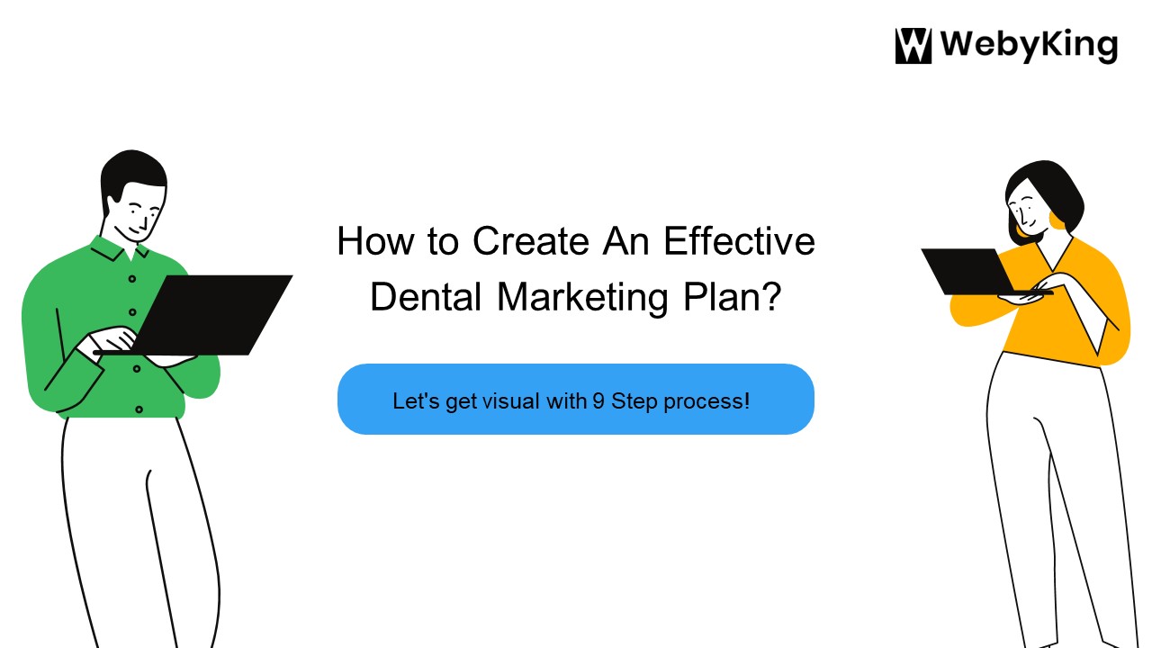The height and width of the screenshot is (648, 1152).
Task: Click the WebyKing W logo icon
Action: [x=913, y=46]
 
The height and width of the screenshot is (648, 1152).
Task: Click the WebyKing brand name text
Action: [x=1028, y=45]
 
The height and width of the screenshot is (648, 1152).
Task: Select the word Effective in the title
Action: [x=739, y=242]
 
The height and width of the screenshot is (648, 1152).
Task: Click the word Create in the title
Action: [x=531, y=242]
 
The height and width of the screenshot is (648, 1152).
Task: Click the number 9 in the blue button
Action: [x=598, y=401]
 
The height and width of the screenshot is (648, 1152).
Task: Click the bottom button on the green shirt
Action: [x=139, y=409]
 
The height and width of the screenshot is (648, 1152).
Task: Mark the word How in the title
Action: [x=369, y=242]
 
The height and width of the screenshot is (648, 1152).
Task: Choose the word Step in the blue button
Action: [x=634, y=401]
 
